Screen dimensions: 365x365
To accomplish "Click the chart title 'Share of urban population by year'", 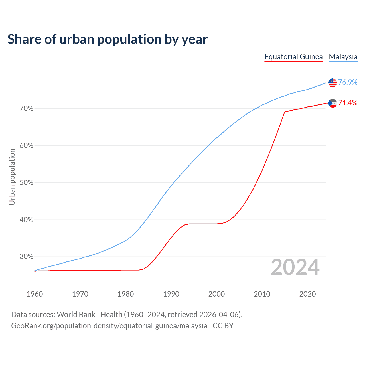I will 108,39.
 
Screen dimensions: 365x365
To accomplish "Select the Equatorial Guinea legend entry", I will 293,57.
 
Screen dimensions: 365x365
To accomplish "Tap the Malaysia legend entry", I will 343,57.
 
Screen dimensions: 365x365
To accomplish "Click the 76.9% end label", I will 348,82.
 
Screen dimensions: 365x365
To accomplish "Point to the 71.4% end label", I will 348,103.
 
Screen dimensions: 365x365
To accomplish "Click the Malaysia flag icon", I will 332,82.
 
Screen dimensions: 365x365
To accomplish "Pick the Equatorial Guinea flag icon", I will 332,103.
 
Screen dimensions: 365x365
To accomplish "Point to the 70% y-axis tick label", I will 26,109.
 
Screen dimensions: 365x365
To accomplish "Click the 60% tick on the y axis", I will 26,146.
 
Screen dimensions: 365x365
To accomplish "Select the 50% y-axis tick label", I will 26,183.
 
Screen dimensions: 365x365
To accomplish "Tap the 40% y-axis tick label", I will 26,220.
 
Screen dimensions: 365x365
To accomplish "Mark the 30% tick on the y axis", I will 26,257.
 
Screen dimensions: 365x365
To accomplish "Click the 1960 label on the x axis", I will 35,294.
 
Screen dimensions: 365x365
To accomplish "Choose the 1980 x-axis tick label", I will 125,294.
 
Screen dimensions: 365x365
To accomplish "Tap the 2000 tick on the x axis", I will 216,294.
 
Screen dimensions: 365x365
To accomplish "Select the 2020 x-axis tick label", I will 307,294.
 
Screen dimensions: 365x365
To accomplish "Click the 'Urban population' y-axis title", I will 12,177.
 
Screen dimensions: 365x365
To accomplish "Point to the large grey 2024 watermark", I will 295,267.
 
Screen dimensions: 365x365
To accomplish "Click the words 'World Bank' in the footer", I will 76,315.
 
